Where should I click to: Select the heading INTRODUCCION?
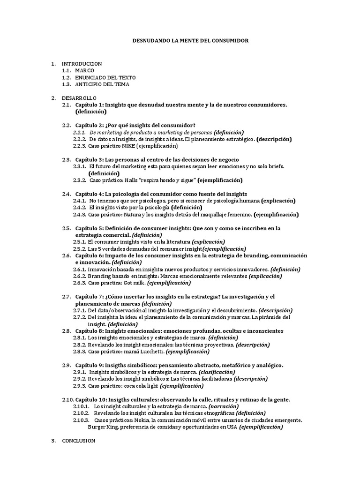click(x=82, y=63)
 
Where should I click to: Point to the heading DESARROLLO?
click(x=79, y=97)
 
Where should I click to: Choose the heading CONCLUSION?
click(x=79, y=441)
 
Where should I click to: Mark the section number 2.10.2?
click(x=81, y=413)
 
